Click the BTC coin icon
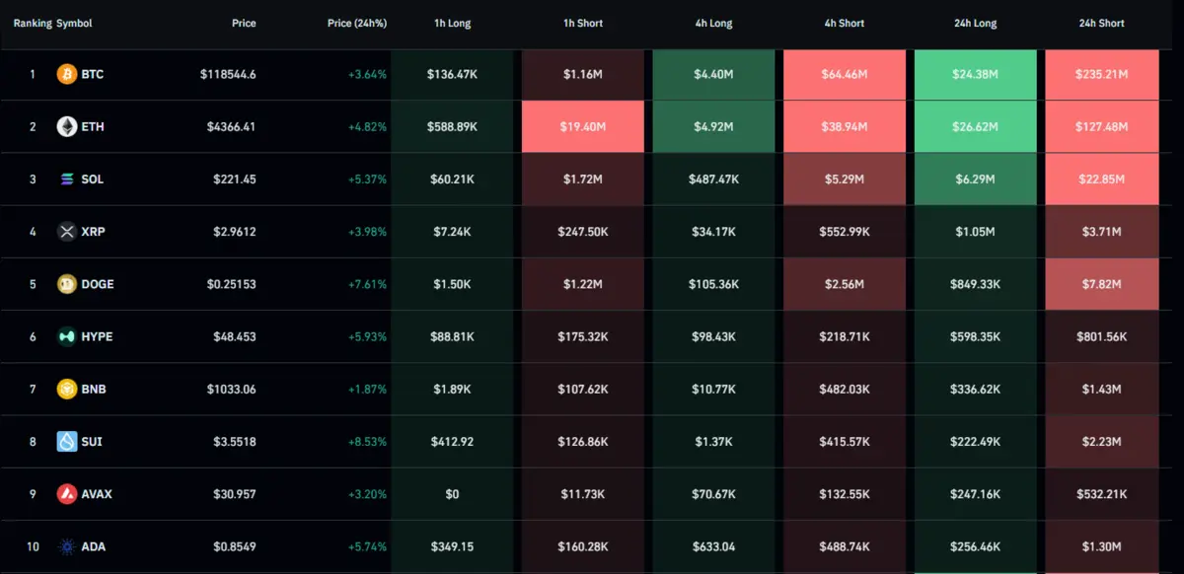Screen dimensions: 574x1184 67,74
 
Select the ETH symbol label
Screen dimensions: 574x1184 93,127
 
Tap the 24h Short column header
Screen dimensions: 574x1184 1101,24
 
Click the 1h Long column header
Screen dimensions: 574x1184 452,24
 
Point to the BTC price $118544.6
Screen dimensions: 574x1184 228,74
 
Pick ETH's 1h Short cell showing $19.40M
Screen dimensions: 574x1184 582,127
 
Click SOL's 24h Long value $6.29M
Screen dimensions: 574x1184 975,179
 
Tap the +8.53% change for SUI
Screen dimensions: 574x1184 367,442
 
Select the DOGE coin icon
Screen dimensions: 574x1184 67,284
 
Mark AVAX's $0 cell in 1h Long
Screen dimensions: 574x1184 452,494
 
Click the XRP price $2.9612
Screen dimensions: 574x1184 235,232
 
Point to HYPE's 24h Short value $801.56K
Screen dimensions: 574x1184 1101,336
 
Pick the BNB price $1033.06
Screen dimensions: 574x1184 232,390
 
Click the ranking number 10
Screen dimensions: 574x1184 33,546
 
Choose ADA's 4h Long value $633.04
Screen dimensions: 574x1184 713,546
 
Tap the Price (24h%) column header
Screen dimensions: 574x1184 356,24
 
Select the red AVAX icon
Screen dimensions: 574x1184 67,494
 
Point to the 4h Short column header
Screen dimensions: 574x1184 844,24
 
